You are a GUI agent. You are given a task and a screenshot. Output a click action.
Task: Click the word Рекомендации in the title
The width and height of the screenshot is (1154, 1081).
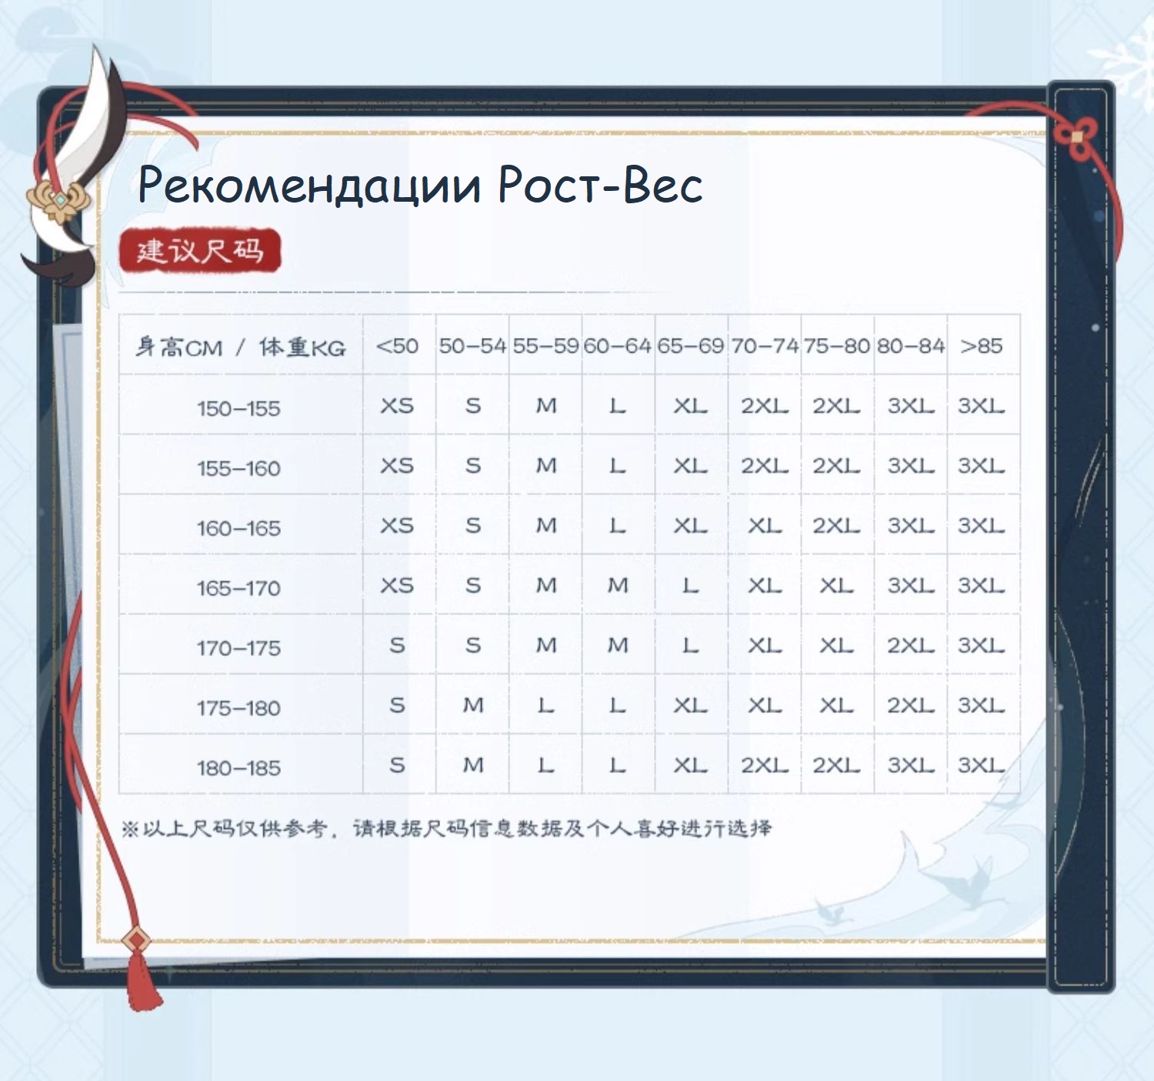(x=309, y=185)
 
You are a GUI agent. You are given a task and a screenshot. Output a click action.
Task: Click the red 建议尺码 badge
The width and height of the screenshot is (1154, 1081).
(x=200, y=250)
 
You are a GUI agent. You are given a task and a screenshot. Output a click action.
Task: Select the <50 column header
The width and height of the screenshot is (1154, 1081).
(x=397, y=346)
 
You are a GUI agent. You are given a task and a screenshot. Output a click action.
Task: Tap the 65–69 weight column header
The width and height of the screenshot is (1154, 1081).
(x=690, y=346)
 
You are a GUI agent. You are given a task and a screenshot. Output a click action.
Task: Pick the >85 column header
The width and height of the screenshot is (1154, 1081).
(x=982, y=346)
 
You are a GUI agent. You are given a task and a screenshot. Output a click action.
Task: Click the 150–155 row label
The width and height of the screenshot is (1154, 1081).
(x=238, y=408)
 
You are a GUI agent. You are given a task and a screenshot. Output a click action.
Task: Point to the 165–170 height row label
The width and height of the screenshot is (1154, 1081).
(x=238, y=588)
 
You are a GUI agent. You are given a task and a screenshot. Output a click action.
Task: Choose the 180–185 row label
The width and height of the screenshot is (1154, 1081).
(x=238, y=768)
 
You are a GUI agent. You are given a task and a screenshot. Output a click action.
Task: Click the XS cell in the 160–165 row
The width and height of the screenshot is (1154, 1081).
(x=397, y=525)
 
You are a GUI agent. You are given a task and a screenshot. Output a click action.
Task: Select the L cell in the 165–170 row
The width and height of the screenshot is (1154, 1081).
(x=690, y=585)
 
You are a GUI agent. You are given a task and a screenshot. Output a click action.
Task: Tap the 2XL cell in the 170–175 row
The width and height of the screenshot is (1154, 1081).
(x=911, y=645)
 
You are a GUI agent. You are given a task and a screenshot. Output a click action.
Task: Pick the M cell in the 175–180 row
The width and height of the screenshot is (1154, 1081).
(x=473, y=705)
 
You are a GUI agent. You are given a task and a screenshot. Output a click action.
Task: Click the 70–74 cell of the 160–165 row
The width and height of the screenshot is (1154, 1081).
(x=764, y=525)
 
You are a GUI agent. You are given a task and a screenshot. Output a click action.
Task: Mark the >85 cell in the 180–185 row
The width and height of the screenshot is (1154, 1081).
(x=982, y=765)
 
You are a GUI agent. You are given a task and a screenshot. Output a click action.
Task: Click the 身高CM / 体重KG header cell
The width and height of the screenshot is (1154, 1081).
(x=241, y=346)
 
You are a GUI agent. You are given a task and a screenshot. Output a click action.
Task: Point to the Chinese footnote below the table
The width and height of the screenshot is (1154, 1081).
(x=446, y=828)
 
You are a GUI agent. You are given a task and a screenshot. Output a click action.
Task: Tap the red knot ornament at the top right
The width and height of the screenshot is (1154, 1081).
(x=1077, y=138)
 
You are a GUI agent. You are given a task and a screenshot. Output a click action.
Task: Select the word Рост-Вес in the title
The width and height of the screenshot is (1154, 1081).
(x=600, y=185)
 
